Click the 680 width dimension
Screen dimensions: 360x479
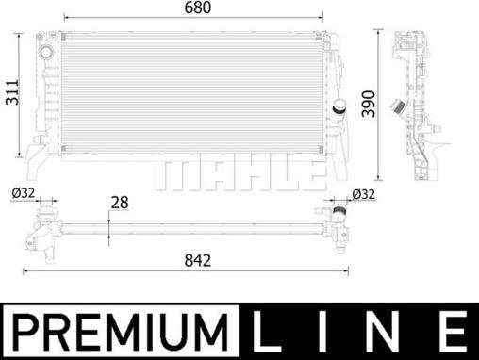(x=196, y=8)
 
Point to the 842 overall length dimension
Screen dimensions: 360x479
(x=197, y=258)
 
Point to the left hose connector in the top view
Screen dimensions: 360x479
(x=42, y=229)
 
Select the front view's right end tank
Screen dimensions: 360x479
(x=335, y=94)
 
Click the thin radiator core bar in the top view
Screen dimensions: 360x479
(x=189, y=227)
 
